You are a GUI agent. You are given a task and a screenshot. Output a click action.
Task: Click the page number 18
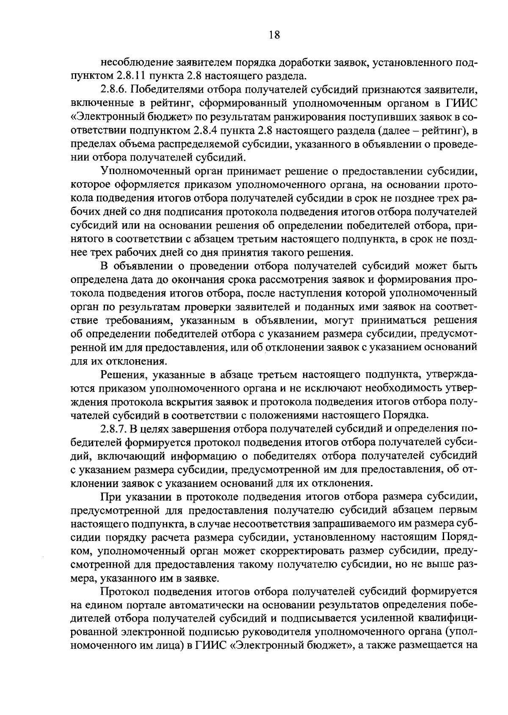[x=274, y=36]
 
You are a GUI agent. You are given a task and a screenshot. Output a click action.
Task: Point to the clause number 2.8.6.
[x=114, y=90]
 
